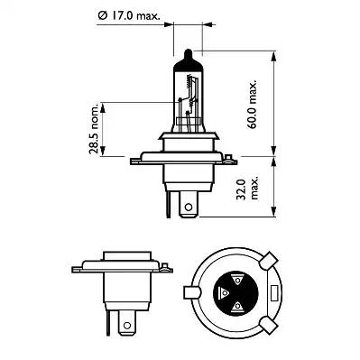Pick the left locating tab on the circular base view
(x=191, y=294)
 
